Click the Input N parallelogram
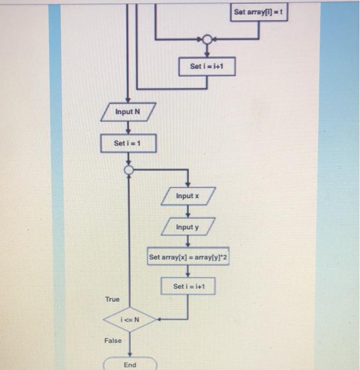click(128, 112)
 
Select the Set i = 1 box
click(128, 143)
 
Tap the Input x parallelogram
click(188, 196)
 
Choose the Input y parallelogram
click(188, 227)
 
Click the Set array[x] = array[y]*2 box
click(188, 257)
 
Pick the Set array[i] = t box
click(260, 12)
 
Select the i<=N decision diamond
click(130, 319)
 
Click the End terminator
click(130, 365)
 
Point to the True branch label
click(112, 299)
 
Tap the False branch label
click(113, 341)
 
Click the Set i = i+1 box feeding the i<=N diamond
click(188, 286)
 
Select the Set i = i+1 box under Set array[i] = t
click(207, 67)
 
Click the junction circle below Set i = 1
click(128, 170)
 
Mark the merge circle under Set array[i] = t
click(207, 40)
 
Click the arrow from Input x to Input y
click(188, 211)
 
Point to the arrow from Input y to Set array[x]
click(188, 242)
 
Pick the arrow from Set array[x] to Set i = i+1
click(188, 272)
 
